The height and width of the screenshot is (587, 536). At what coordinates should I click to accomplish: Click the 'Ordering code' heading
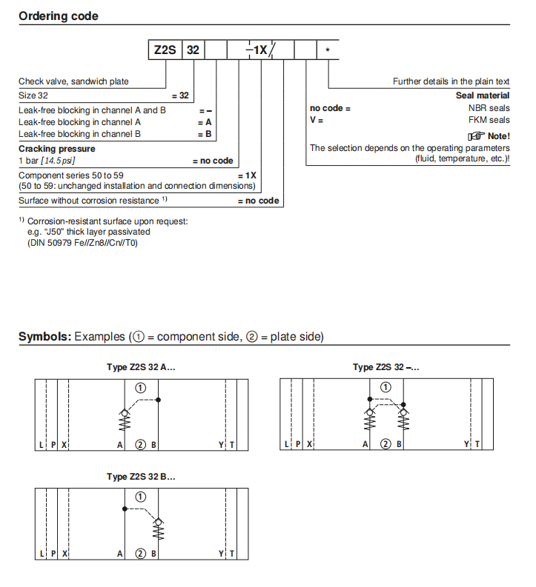point(58,16)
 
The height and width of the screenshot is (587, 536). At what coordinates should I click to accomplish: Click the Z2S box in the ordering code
point(165,50)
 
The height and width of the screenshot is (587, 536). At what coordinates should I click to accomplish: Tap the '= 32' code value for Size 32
point(180,95)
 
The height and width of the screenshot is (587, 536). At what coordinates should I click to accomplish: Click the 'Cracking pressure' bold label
point(56,148)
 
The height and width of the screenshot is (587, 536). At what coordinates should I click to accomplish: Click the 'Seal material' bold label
point(483,95)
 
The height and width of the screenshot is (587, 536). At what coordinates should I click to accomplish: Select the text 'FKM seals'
point(490,120)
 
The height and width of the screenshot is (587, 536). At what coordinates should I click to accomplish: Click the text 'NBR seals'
point(490,108)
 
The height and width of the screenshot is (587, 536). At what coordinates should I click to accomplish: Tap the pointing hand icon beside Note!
point(475,136)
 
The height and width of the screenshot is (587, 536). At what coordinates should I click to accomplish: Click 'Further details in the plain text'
point(451,82)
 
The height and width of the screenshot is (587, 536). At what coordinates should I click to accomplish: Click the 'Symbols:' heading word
point(44,337)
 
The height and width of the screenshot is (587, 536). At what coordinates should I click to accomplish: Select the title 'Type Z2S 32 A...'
point(140,367)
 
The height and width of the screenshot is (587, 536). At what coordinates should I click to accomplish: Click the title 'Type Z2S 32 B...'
point(140,477)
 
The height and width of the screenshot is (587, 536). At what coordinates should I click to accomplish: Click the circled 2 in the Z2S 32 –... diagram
point(385,444)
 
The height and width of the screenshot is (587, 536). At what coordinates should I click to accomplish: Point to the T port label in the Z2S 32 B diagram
point(232,554)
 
